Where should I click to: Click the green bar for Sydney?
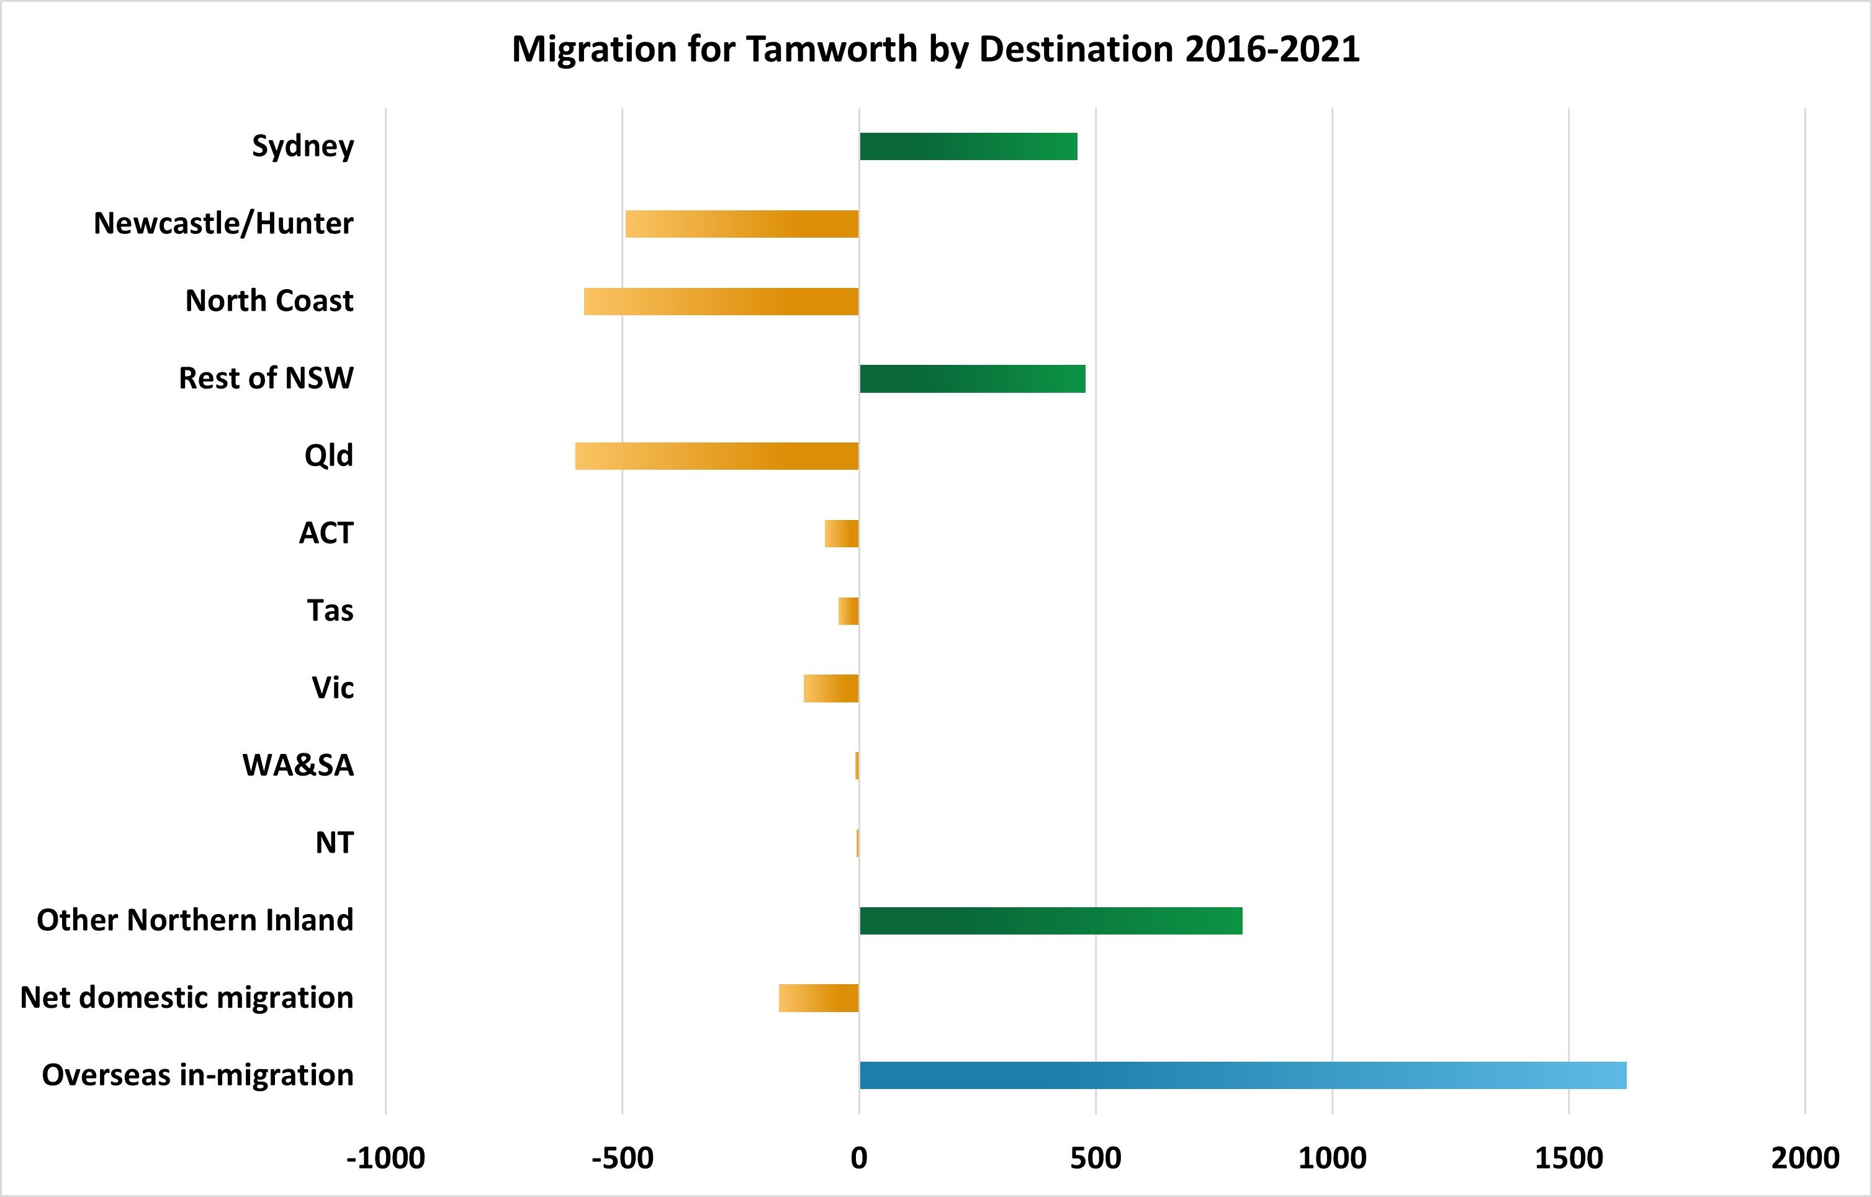pos(968,146)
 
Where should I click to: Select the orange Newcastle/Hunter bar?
pos(742,224)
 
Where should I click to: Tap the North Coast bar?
pos(721,302)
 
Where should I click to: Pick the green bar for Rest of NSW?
pos(972,379)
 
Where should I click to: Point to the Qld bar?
pos(717,456)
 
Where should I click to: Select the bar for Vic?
pos(831,689)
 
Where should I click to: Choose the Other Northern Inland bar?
pos(1050,921)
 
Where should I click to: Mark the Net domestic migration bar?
pos(819,998)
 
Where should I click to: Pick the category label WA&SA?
pos(298,766)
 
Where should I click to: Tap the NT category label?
pos(335,843)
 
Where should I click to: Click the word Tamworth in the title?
pos(832,49)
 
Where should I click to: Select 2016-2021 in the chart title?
pos(1272,49)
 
